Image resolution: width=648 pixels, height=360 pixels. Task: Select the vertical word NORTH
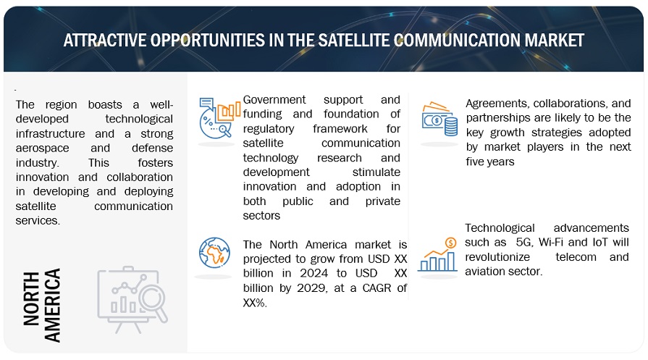[x=31, y=298]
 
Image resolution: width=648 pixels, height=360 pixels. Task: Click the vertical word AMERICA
[x=52, y=305]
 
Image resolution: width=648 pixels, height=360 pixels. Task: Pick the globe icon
[x=214, y=253]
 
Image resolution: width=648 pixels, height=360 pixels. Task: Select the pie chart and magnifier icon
[x=219, y=118]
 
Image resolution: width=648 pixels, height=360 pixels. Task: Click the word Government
[x=274, y=100]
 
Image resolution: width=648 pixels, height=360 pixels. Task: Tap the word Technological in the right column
[x=500, y=227]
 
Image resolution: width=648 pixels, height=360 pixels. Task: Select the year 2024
[x=314, y=273]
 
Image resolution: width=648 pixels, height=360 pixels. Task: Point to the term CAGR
[x=377, y=288]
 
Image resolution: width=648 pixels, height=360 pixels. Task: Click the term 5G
[x=524, y=242]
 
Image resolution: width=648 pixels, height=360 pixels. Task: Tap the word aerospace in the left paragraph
[x=43, y=148]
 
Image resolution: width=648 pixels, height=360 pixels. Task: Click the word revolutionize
[x=497, y=257]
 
